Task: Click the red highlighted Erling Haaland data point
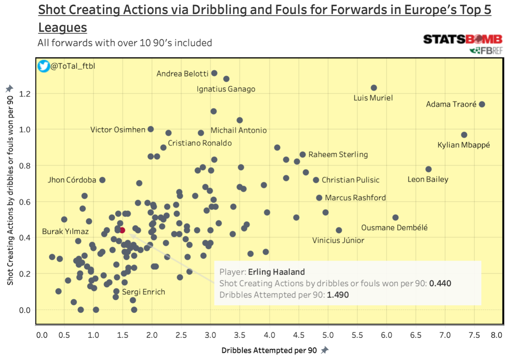122,230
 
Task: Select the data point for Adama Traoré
482,104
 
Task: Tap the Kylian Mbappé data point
464,135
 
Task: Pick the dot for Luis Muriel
374,88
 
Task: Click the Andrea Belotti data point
214,73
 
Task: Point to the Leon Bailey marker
428,169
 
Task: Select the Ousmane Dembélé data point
395,218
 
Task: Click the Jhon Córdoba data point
103,180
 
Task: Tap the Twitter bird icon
44,66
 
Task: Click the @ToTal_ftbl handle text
73,66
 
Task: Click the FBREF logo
485,50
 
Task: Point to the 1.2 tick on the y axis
25,94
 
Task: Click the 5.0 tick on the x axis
328,335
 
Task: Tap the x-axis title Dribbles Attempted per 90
270,350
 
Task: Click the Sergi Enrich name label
143,292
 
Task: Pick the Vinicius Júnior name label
338,240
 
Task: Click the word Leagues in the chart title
62,27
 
